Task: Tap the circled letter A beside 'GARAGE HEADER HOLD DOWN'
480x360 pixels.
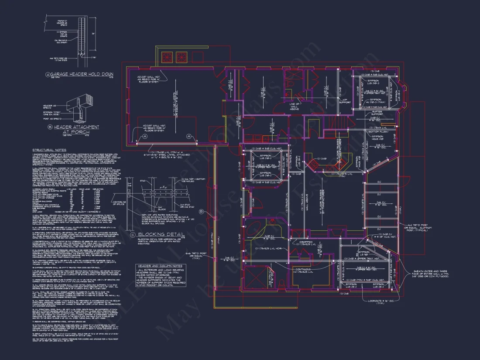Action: tap(48, 74)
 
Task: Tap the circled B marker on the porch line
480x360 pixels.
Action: tap(202, 212)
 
